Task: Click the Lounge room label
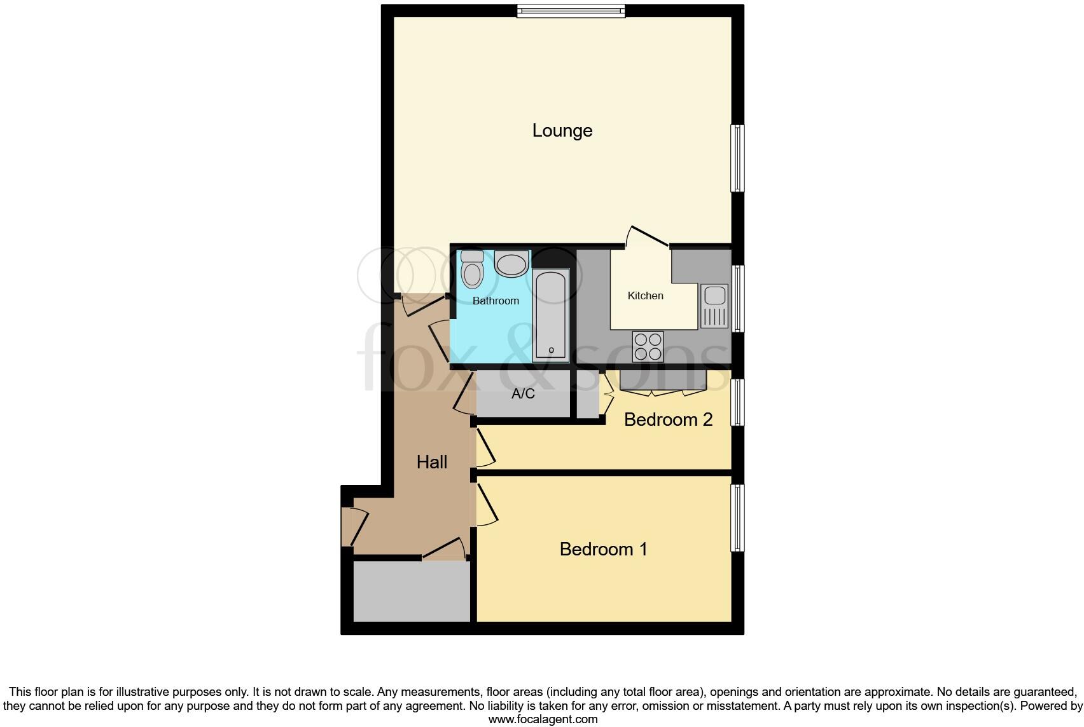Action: click(562, 131)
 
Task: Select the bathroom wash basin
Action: click(511, 264)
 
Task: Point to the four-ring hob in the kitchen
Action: click(648, 347)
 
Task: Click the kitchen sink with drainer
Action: click(714, 306)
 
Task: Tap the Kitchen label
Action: click(645, 296)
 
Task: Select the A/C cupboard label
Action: click(523, 394)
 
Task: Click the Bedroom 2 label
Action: click(668, 419)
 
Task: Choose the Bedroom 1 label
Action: click(603, 549)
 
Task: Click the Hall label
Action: click(432, 462)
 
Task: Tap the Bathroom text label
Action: click(496, 301)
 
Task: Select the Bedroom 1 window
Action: click(737, 518)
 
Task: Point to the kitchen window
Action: click(737, 299)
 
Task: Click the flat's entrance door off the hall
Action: click(353, 526)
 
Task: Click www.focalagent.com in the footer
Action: click(543, 719)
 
